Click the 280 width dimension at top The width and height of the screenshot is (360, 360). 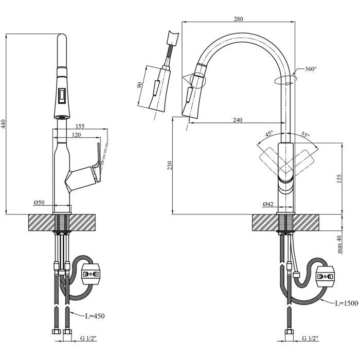click(238, 20)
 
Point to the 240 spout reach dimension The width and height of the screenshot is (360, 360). click(238, 120)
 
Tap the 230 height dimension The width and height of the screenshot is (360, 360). click(170, 165)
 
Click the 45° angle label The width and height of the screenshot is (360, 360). click(268, 134)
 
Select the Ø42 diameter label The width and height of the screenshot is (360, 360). click(267, 204)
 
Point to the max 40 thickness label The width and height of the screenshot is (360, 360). click(339, 244)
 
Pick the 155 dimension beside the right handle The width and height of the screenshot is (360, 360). click(338, 177)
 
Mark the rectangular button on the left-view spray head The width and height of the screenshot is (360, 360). click(62, 95)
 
